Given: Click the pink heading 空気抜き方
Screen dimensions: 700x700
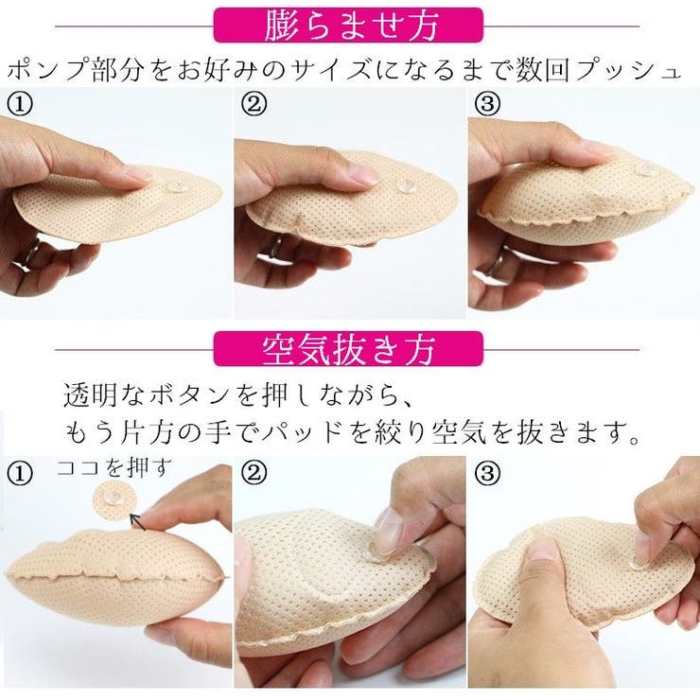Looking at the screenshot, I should click(348, 348).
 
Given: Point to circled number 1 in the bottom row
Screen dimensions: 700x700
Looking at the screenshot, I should click(21, 471).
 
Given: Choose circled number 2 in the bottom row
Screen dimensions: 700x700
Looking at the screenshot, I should click(254, 471).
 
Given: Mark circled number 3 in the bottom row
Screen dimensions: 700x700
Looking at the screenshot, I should click(486, 471).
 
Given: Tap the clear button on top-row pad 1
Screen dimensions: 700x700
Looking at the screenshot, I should click(176, 186).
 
